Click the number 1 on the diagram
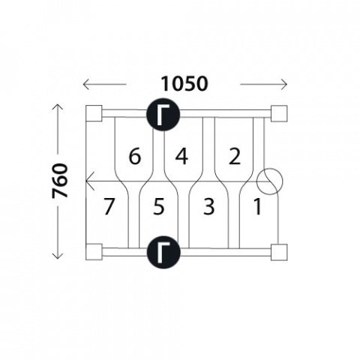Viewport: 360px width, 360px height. click(257, 206)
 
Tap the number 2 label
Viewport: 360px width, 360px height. click(235, 157)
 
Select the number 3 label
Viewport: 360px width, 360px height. click(209, 206)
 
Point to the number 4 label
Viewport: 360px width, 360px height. click(181, 157)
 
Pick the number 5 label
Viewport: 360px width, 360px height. click(159, 206)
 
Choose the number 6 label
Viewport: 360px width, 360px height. click(135, 157)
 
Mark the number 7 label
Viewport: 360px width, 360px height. click(109, 206)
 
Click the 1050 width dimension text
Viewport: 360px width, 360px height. click(184, 83)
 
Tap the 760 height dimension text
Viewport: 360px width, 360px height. click(60, 181)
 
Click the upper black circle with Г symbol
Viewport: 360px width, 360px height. click(163, 114)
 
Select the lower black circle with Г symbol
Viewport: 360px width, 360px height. click(163, 252)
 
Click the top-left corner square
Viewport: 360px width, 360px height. click(94, 113)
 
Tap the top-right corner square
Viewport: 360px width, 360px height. click(279, 113)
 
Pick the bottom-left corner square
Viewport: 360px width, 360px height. click(94, 252)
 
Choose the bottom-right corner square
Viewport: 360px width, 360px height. click(279, 252)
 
